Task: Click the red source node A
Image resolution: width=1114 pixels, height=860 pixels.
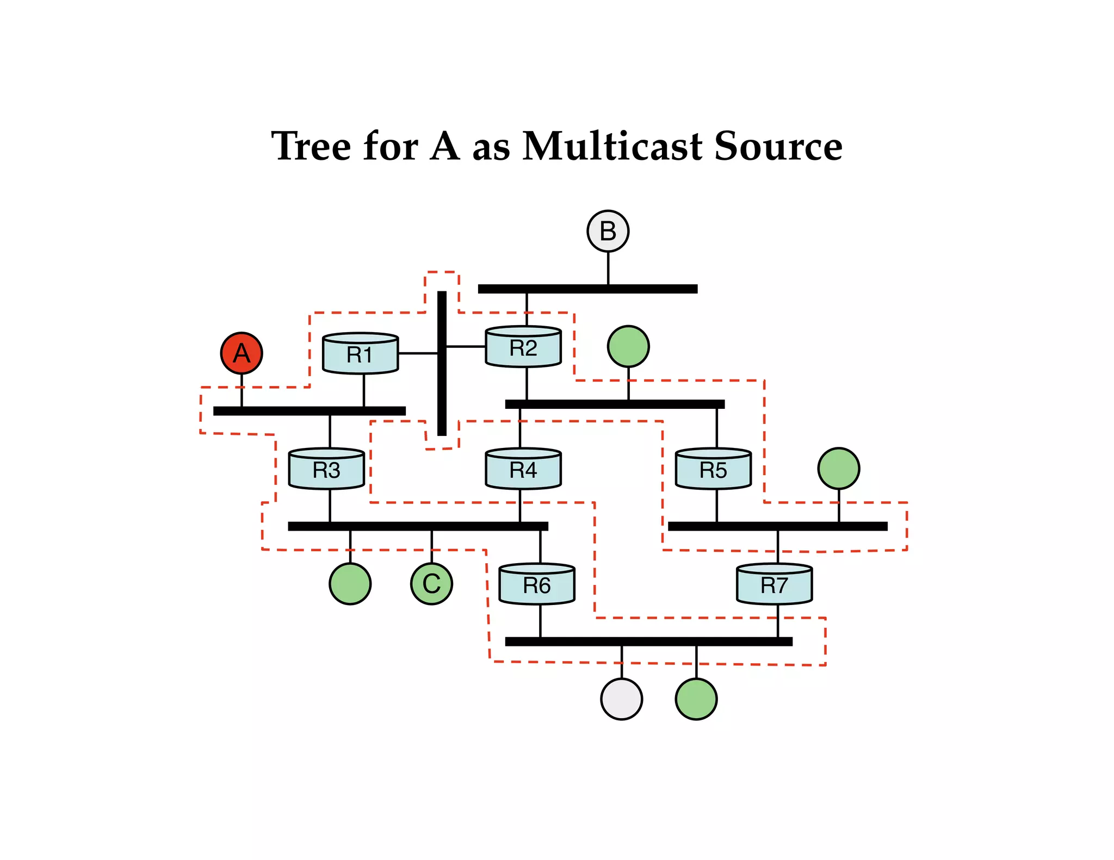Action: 242,353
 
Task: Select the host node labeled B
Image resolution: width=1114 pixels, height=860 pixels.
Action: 608,231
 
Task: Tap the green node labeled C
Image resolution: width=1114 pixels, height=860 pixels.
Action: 431,584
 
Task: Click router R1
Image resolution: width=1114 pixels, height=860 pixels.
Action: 361,354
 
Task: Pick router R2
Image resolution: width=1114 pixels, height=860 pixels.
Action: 523,347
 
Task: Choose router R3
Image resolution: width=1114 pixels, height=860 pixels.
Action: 326,469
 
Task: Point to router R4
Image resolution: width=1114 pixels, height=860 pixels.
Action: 523,469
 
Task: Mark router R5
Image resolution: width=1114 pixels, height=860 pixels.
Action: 713,469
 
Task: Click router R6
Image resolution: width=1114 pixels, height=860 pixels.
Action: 537,584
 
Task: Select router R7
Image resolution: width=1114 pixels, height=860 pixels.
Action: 774,584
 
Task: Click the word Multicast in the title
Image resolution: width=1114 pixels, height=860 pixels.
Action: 612,146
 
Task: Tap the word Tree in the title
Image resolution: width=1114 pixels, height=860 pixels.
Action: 311,146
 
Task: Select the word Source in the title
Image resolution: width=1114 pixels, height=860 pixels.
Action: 778,146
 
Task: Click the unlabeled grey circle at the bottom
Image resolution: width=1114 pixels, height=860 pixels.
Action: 621,699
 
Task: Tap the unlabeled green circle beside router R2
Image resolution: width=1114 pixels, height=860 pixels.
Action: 628,347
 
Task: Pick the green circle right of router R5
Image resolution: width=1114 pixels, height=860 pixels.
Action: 839,469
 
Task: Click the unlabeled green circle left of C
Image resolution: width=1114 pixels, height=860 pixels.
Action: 350,584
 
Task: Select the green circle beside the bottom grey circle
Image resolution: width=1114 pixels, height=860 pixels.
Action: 696,699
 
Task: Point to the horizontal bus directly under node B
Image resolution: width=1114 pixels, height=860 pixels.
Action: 587,289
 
